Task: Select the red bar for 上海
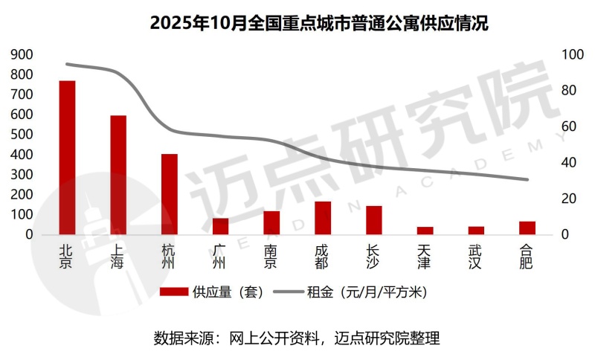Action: [118, 175]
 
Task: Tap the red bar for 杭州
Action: [170, 194]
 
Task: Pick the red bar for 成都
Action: [323, 218]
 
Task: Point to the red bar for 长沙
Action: [373, 220]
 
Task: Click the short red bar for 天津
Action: [425, 231]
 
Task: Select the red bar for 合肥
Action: [527, 228]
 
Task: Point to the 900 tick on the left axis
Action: [22, 55]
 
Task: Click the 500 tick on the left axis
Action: [22, 135]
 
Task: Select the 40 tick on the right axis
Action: [569, 163]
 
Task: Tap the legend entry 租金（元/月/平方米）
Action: [366, 292]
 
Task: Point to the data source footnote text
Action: [297, 338]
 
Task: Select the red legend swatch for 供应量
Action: [173, 292]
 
